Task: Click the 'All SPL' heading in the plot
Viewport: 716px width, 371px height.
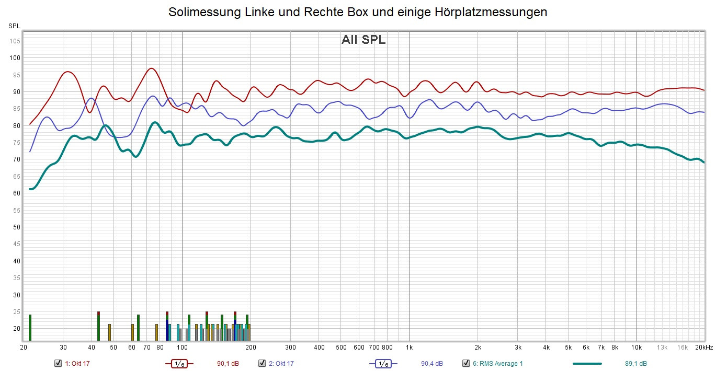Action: [x=363, y=40]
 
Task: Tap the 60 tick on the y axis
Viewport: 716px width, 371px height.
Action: [x=17, y=193]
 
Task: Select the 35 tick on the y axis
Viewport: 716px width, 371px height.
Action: [x=17, y=278]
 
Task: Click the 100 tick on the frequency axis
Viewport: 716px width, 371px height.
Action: [x=182, y=347]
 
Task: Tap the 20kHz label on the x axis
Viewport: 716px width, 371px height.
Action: [x=703, y=347]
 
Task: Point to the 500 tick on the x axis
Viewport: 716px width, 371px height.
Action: [x=341, y=347]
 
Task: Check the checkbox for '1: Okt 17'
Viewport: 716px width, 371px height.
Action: [x=58, y=363]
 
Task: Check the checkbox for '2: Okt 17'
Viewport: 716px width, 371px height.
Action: [x=262, y=363]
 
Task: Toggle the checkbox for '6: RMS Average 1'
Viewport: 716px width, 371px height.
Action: [x=466, y=363]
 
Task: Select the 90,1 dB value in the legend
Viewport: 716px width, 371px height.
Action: [x=228, y=364]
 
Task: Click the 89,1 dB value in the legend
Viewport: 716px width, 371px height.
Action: [x=636, y=364]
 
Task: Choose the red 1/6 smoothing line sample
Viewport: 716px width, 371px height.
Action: [x=179, y=363]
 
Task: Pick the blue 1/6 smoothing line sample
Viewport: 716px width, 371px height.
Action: [x=383, y=363]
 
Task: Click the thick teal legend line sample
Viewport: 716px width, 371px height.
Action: [x=587, y=363]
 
